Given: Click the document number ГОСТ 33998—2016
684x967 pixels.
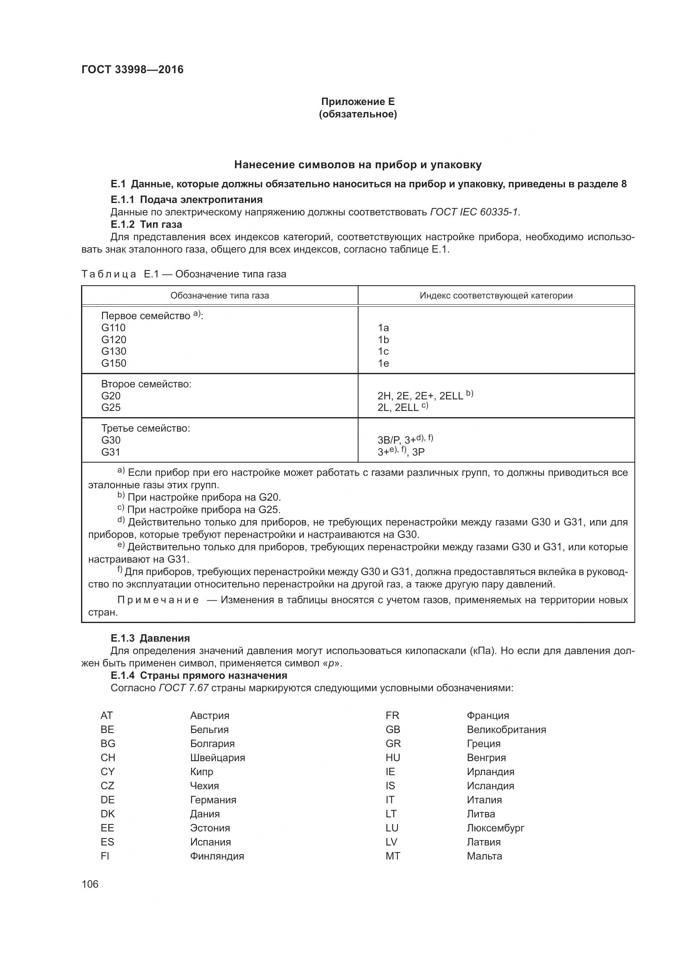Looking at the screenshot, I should click(x=132, y=69).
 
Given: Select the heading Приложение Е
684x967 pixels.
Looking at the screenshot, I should click(x=358, y=102).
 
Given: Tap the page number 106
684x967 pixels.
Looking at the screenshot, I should click(x=90, y=884).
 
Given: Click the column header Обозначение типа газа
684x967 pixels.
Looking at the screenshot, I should click(x=220, y=295).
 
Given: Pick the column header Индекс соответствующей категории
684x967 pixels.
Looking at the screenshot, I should click(x=496, y=295).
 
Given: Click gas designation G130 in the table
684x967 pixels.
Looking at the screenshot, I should click(x=114, y=351).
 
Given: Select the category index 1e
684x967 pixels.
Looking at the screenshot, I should click(x=383, y=363).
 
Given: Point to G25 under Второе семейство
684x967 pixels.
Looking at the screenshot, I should click(x=111, y=407).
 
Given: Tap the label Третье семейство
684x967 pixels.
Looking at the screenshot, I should click(x=145, y=428).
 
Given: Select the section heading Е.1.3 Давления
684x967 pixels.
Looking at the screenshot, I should click(x=150, y=638).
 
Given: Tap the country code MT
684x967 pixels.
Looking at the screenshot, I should click(x=392, y=856).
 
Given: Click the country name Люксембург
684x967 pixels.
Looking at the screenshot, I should click(x=495, y=828).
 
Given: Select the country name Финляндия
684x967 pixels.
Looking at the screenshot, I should click(x=217, y=856).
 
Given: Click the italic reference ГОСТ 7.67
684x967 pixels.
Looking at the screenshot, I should click(x=184, y=688).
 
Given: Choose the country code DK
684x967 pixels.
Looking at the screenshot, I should click(x=108, y=814).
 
